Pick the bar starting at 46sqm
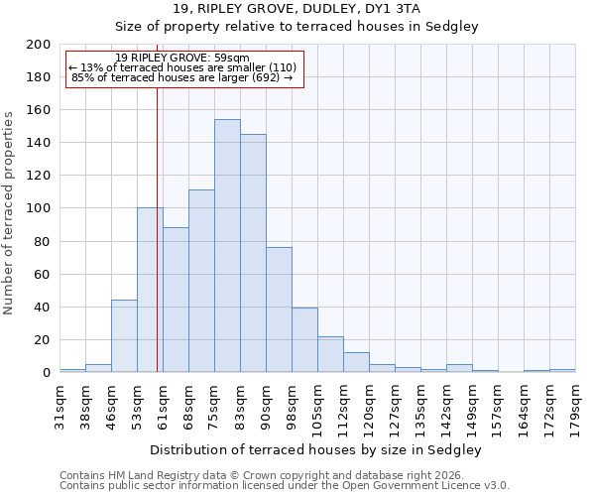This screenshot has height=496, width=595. click(x=124, y=336)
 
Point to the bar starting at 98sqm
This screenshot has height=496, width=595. click(x=304, y=340)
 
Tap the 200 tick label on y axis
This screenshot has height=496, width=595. click(x=39, y=45)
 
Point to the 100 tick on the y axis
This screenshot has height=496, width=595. click(x=39, y=208)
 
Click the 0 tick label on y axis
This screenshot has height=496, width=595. click(x=46, y=373)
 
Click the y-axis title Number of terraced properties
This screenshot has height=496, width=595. click(x=9, y=212)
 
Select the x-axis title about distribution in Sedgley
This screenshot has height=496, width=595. click(x=316, y=449)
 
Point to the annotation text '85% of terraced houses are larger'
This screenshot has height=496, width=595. click(x=182, y=77)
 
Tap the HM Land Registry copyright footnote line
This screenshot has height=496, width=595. click(x=268, y=475)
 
